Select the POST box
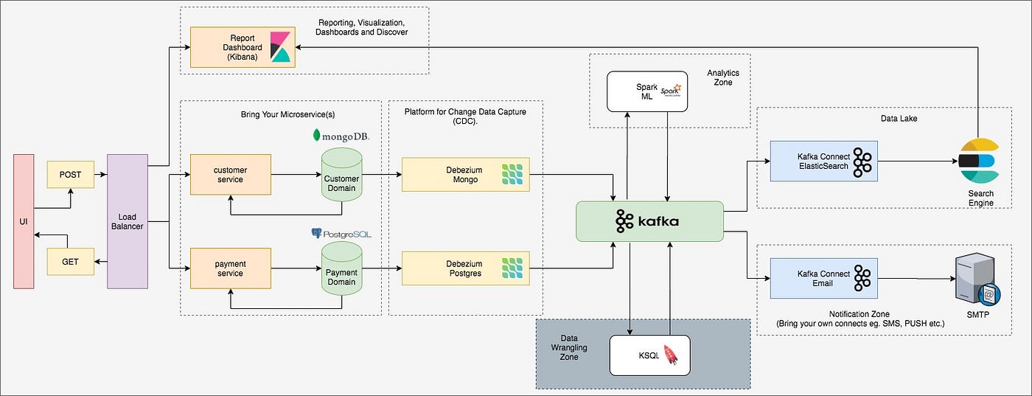coord(70,176)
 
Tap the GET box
coord(70,261)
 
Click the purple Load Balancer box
coord(128,221)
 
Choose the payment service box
coord(230,268)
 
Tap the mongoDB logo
coord(341,136)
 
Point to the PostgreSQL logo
coord(341,233)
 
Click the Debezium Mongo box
coord(465,174)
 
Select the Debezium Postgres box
coord(465,268)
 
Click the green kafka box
coord(649,221)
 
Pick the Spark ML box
coord(647,91)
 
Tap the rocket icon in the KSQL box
coord(671,356)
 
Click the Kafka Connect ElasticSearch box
coord(823,161)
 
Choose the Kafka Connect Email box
coord(823,278)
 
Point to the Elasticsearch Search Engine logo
coord(977,162)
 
